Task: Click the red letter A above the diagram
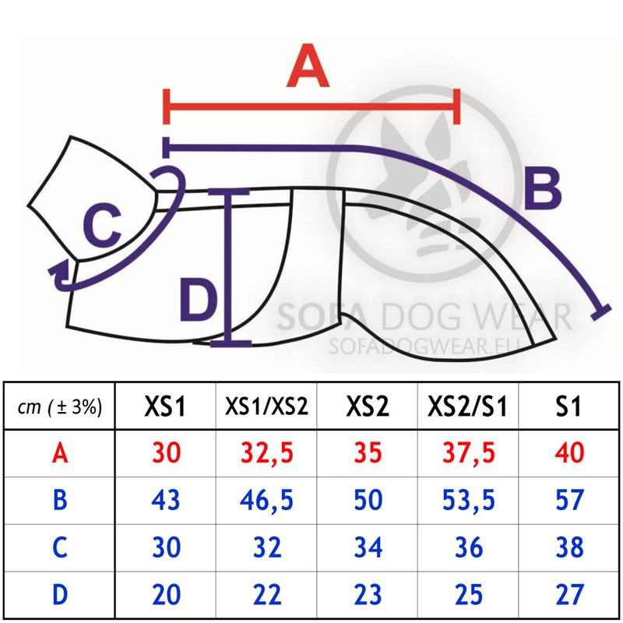[308, 65]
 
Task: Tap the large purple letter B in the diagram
[543, 188]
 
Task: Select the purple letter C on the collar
[102, 225]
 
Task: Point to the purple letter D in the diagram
[199, 300]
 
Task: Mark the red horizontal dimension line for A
[311, 107]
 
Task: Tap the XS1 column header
[165, 407]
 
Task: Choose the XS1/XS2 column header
[266, 407]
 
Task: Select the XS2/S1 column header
[468, 407]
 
